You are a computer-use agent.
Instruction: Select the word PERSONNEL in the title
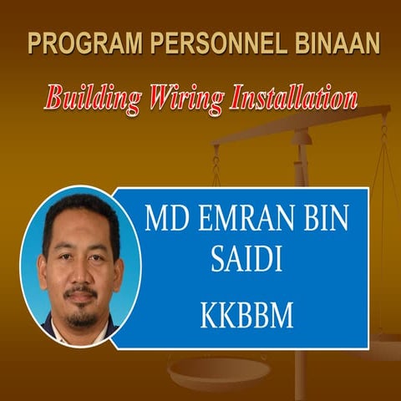click(195, 43)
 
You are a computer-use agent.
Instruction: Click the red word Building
click(89, 99)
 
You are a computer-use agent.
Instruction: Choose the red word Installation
click(287, 99)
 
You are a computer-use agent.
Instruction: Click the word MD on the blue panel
click(164, 220)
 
